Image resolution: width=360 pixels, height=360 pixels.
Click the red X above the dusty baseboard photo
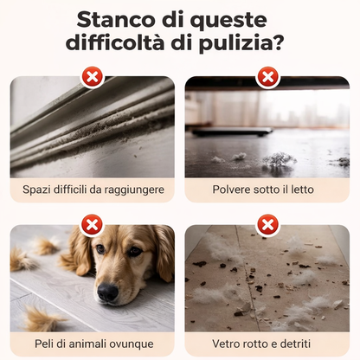click(92, 78)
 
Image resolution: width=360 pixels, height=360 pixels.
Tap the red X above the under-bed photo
click(268, 78)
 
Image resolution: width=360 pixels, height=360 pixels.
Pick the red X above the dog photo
click(92, 227)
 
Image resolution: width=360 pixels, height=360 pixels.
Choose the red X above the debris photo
click(268, 227)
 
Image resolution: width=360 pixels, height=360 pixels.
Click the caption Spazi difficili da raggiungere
click(92, 188)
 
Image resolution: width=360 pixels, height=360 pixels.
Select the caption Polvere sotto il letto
click(268, 188)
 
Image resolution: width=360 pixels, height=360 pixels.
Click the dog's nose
click(107, 292)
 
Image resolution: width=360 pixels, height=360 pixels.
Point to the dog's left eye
click(99, 250)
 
